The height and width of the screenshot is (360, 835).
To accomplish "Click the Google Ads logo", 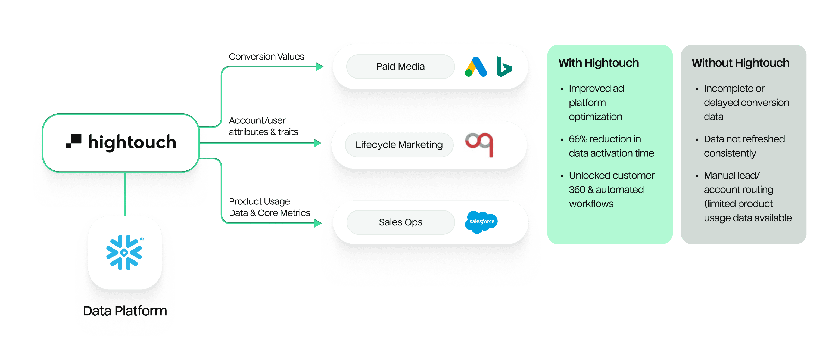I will tap(476, 67).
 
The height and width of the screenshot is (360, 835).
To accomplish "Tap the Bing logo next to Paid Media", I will tap(503, 67).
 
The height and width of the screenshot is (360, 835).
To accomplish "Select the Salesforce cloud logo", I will tap(481, 222).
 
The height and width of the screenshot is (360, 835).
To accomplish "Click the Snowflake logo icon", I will tap(124, 252).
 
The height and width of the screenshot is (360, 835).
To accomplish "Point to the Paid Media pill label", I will tap(400, 67).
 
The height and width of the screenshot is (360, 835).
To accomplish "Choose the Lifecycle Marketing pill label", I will tap(399, 145).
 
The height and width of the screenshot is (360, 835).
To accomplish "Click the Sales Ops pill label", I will tap(400, 222).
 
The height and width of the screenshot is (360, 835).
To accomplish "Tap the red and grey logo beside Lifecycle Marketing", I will tap(479, 144).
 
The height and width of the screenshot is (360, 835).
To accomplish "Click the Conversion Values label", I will tap(266, 57).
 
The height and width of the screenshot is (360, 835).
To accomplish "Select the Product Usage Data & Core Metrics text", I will tap(269, 207).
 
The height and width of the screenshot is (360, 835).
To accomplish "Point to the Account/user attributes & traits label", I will tap(263, 126).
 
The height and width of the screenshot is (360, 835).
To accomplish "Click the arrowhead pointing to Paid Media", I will tap(320, 67).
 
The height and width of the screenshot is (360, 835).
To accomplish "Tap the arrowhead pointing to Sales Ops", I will tap(318, 223).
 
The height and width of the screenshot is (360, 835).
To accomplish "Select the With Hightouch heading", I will tap(598, 63).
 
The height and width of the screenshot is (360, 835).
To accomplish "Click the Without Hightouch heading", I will tap(740, 63).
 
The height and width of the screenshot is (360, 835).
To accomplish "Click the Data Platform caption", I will tap(125, 311).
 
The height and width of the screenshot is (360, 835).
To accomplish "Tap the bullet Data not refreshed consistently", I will tap(744, 146).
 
